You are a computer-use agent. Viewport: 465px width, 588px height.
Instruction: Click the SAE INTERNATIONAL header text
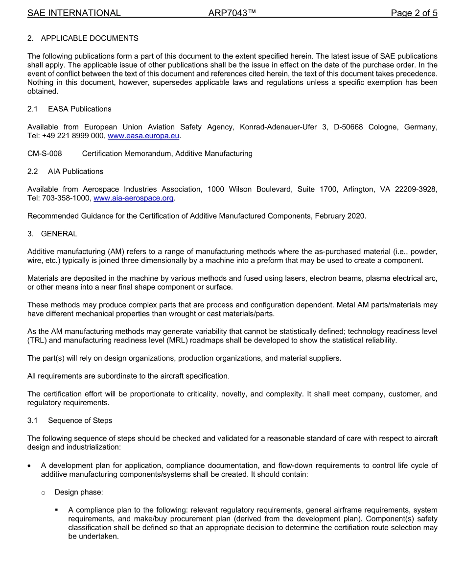point(74,13)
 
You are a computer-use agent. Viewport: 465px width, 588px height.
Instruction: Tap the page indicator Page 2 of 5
point(414,13)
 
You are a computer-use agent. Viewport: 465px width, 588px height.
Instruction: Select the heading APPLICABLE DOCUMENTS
point(90,38)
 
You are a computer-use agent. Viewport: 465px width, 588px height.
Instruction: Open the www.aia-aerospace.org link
point(133,198)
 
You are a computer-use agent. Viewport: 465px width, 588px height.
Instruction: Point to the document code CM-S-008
point(45,153)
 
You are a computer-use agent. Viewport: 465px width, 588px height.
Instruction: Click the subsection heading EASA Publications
point(79,109)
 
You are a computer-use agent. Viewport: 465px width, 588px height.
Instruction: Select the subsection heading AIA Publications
point(75,171)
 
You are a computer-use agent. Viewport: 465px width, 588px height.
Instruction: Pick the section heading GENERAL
point(59,234)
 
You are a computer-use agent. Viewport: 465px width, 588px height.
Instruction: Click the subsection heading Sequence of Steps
point(80,420)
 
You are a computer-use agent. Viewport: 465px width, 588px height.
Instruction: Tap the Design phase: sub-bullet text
point(79,492)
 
